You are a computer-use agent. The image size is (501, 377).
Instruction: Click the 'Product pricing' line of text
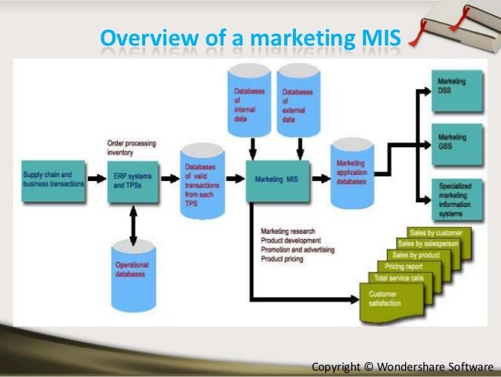[x=283, y=259]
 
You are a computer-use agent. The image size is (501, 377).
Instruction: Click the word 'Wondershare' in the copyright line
[x=408, y=367]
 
